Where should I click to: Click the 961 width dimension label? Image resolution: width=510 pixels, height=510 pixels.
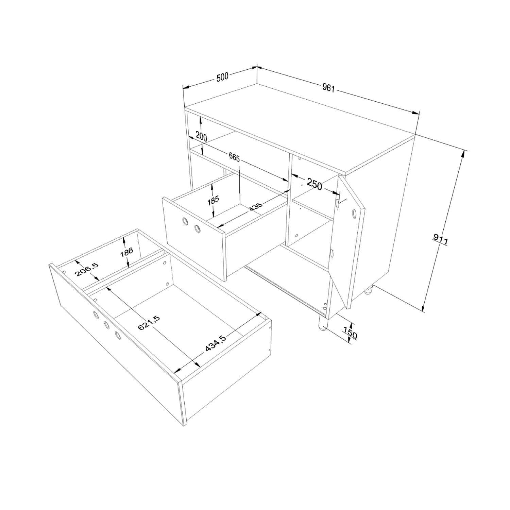point(329,88)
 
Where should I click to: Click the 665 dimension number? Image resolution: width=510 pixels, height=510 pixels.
point(234,157)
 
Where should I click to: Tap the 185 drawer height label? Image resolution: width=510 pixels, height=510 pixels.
point(213,200)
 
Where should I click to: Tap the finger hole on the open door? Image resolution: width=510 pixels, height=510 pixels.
point(354,214)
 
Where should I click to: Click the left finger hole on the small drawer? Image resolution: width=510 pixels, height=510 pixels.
point(185,222)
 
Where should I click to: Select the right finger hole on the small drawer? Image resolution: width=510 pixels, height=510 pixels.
point(197,229)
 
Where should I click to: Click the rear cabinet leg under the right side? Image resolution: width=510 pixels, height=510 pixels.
point(369,290)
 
